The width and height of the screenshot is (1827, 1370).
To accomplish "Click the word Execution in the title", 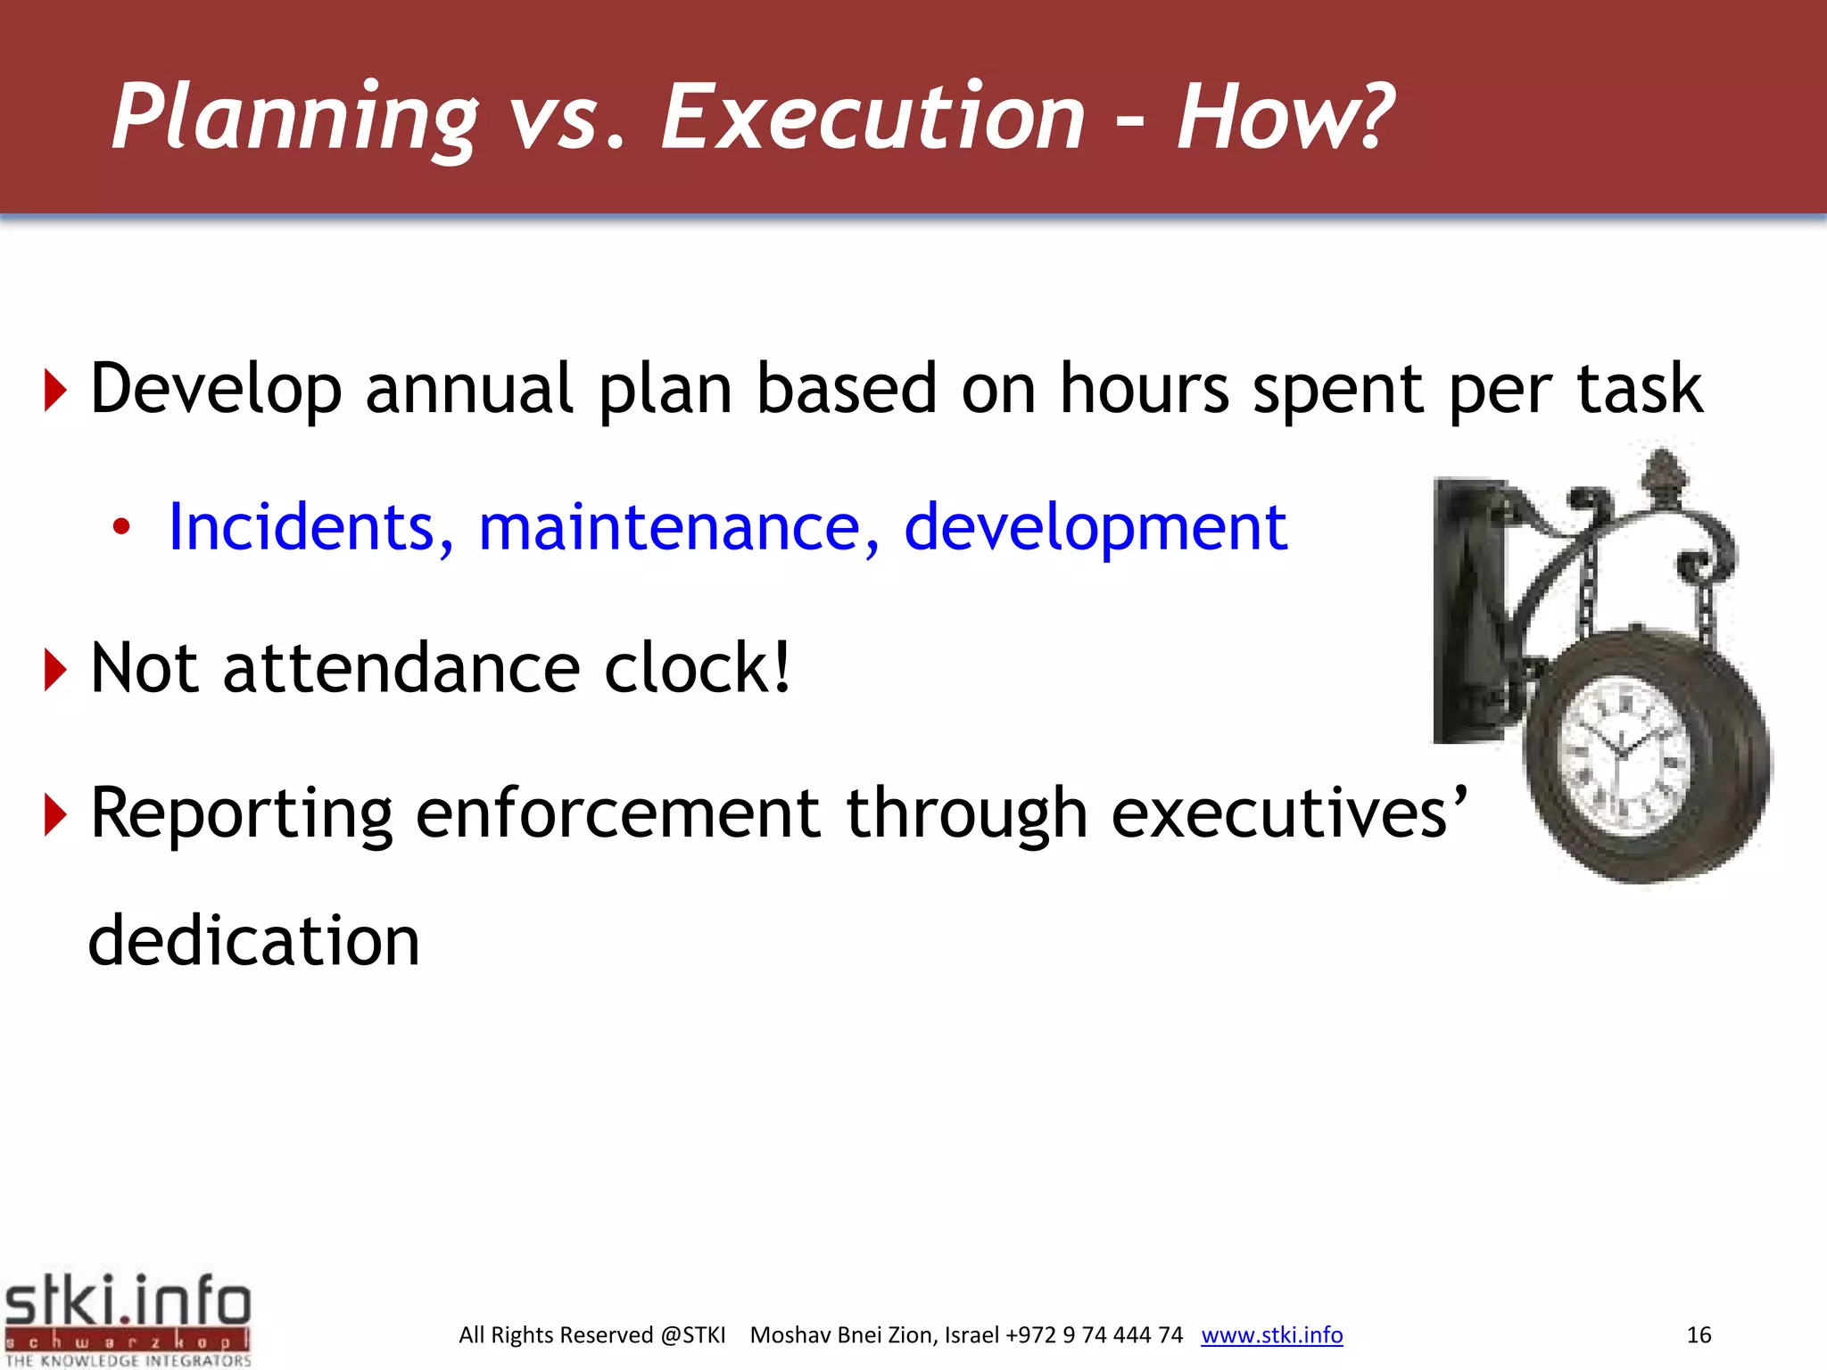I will click(x=872, y=118).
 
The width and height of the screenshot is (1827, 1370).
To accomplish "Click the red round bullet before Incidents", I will click(x=121, y=528).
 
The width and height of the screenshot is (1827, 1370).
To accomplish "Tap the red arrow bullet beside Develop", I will click(x=55, y=392).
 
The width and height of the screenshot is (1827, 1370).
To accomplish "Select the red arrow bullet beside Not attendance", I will click(x=55, y=671).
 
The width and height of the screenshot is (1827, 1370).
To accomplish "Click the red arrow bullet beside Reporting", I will click(x=55, y=815).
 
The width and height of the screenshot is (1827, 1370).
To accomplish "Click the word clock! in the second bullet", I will click(x=697, y=669).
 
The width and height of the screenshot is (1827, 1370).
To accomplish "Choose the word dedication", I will click(x=254, y=942).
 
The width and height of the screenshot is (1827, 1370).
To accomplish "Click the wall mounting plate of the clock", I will click(x=1465, y=611).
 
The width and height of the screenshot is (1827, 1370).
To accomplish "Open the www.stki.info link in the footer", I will click(x=1271, y=1334).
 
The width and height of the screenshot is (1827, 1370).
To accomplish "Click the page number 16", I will click(x=1699, y=1334).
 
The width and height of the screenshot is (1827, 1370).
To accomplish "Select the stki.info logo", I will click(x=128, y=1318).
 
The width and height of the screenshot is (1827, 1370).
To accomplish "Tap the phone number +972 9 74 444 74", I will click(x=1094, y=1334).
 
